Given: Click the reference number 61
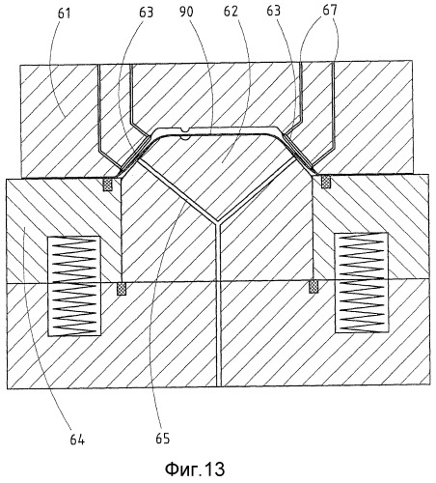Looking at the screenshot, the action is (x=65, y=14).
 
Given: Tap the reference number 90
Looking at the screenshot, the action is (x=186, y=12).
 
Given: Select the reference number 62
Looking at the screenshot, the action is (x=231, y=12).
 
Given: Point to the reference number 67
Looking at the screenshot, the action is (x=330, y=10).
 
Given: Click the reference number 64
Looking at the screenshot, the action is (x=77, y=440).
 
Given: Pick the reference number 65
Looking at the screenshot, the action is (x=163, y=439).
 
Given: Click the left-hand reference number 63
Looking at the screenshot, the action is (x=147, y=13).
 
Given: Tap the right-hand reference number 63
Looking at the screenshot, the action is (x=274, y=11).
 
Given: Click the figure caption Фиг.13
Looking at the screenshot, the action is (x=195, y=469).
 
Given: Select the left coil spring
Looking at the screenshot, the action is (x=74, y=286).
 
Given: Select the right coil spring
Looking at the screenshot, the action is (x=361, y=282).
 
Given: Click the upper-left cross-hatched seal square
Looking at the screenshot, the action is (x=108, y=185).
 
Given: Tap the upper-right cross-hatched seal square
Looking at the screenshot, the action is (x=326, y=181).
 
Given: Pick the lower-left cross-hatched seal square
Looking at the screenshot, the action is (x=122, y=288).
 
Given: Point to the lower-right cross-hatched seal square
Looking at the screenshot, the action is (x=313, y=287).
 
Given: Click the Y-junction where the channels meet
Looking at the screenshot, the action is (x=218, y=222).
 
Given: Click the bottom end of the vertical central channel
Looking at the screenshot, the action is (x=218, y=385).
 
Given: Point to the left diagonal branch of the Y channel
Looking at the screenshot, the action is (x=177, y=191).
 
